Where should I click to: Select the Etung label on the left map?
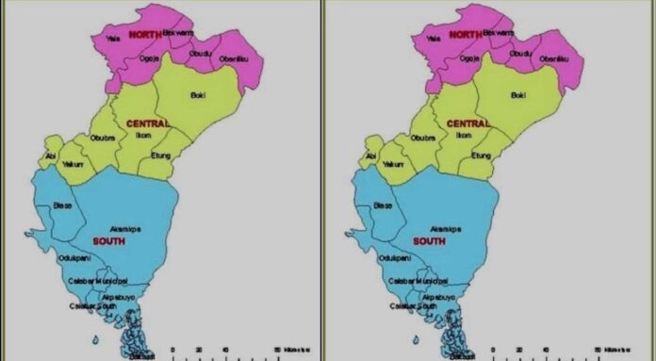pyautogui.click(x=161, y=154)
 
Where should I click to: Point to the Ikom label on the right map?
pyautogui.click(x=464, y=136)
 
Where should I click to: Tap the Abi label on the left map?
pyautogui.click(x=52, y=155)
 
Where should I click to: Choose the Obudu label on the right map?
pyautogui.click(x=519, y=53)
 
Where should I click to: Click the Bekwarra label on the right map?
pyautogui.click(x=498, y=32)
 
